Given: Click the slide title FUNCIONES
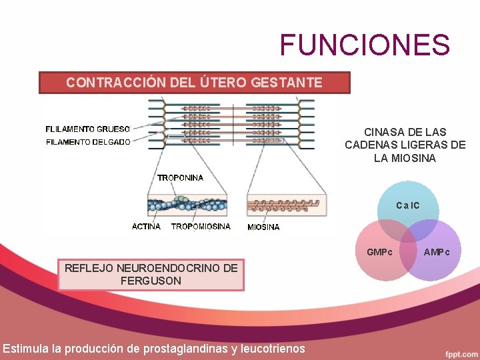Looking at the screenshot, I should pos(365,45).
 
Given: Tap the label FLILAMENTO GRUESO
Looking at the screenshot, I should pos(88,129).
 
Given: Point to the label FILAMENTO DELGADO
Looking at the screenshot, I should pos(88,141).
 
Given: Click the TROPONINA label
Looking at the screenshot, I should pos(180,177).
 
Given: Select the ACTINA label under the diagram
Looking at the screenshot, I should pos(146,226).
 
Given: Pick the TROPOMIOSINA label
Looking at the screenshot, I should pos(201,226).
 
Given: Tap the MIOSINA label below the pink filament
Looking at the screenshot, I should pos(263,227).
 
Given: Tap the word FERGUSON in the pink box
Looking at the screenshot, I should pos(151,281).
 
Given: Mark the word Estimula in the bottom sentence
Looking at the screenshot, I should pos(24,348).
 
